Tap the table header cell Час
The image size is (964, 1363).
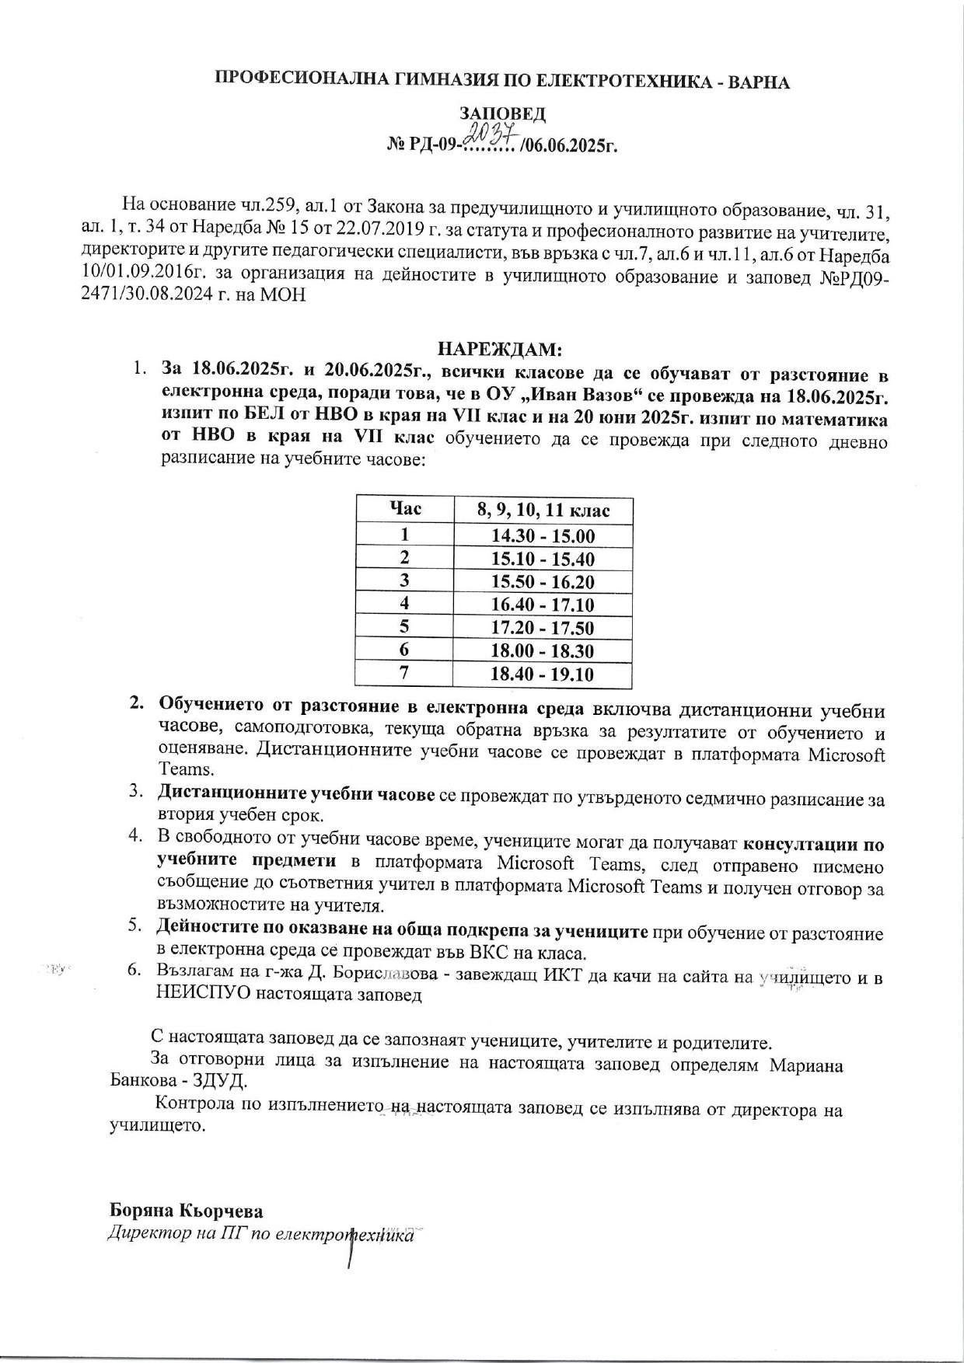404,509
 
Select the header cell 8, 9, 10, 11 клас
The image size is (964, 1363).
543,510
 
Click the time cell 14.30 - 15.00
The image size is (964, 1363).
543,536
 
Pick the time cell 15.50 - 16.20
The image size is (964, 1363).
543,582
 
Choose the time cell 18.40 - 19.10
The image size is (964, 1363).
543,674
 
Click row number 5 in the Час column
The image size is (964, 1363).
404,628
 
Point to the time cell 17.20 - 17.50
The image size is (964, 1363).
543,628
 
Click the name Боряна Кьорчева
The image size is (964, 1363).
187,1211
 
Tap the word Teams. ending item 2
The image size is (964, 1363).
186,769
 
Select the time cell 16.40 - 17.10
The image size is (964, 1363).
543,605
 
